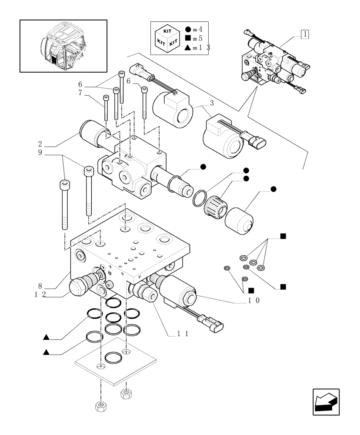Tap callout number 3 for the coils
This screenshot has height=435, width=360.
click(212, 104)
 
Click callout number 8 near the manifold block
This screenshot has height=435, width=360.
click(40, 286)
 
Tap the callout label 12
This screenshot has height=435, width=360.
click(40, 294)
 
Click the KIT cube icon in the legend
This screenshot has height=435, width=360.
click(168, 38)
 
